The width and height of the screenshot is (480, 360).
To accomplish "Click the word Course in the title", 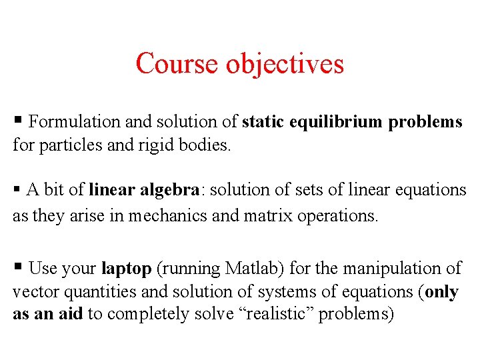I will coord(177,64).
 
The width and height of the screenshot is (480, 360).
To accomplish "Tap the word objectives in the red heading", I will coord(285,64).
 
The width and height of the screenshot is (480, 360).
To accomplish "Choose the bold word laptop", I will coord(126,269).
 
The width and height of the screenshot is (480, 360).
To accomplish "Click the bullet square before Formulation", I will coord(19,120).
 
